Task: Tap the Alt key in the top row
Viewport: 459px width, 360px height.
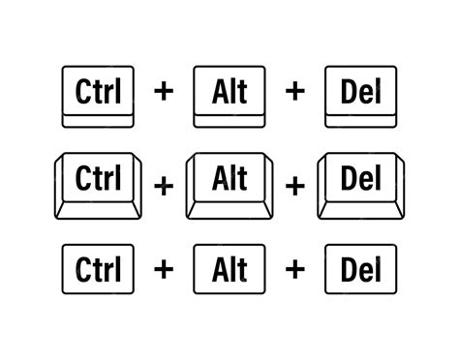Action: coord(229,95)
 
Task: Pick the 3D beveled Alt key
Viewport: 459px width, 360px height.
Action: coord(229,183)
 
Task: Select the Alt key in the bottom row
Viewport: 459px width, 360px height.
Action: coord(229,266)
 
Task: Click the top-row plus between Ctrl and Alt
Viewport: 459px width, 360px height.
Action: coord(163,93)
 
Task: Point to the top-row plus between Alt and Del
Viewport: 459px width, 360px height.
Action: coord(294,93)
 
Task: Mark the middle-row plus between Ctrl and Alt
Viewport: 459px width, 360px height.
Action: coord(163,185)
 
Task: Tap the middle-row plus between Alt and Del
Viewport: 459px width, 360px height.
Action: coord(294,185)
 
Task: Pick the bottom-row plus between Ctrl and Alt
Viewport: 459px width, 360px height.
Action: coord(163,266)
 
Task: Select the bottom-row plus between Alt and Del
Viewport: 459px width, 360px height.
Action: coord(294,266)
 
